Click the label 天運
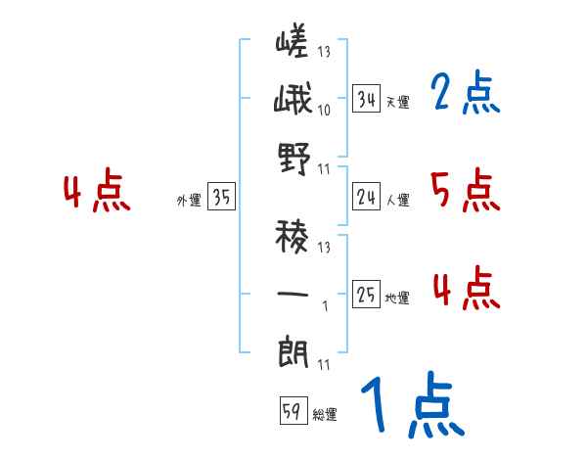[396, 102]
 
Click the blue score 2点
[465, 94]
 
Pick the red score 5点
[465, 191]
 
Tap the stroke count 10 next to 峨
[324, 110]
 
